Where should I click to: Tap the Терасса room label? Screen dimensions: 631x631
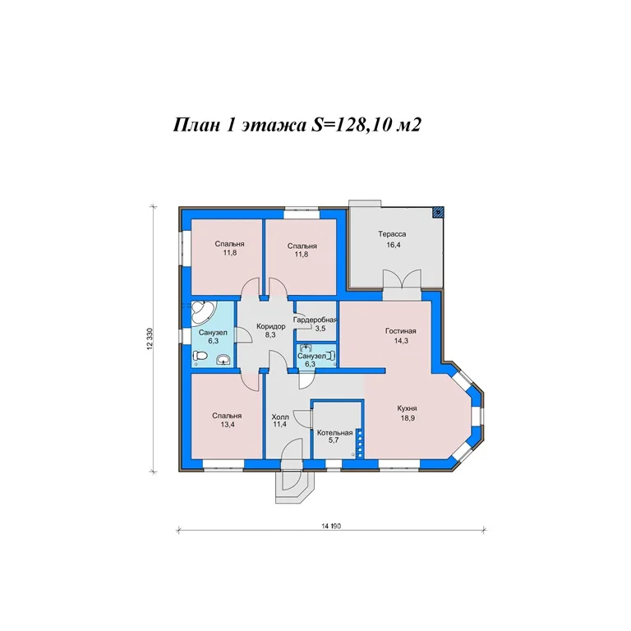click(x=392, y=234)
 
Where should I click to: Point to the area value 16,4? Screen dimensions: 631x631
click(x=394, y=245)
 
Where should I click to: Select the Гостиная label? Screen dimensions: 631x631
click(x=400, y=331)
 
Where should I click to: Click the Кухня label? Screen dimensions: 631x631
click(x=407, y=408)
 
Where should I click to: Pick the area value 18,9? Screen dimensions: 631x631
click(x=408, y=418)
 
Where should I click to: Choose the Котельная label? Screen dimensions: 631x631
click(x=335, y=433)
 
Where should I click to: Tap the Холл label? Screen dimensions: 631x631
click(x=280, y=417)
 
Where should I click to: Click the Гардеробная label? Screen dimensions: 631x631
click(x=315, y=320)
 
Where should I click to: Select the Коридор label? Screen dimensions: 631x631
click(x=271, y=326)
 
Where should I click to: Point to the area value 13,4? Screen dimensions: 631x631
click(x=228, y=424)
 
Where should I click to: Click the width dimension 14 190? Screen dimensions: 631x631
click(x=331, y=526)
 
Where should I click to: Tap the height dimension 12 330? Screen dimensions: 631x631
click(x=150, y=339)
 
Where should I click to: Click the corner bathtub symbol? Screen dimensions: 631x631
click(x=202, y=311)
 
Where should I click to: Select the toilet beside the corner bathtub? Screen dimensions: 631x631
click(x=200, y=356)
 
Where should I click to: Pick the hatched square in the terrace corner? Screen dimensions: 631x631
click(x=439, y=212)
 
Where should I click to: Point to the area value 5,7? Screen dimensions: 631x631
click(x=334, y=440)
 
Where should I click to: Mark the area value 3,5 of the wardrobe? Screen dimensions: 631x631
click(x=320, y=329)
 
